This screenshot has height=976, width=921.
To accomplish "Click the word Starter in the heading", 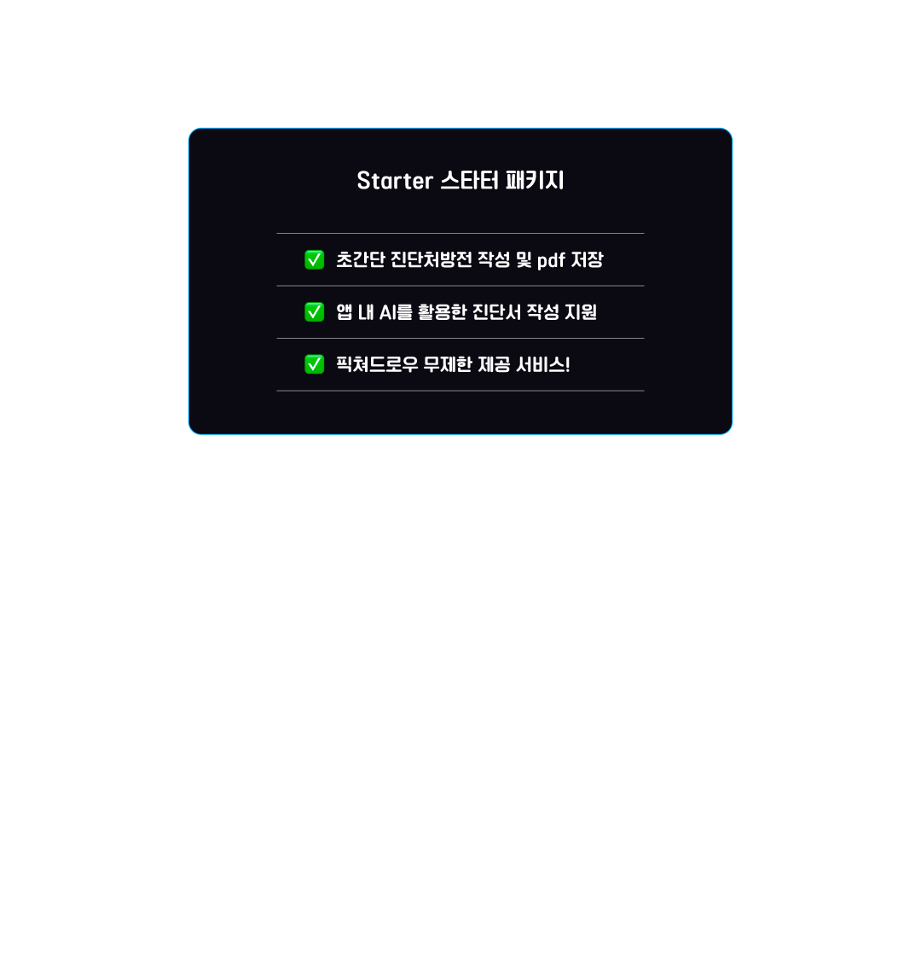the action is pos(395,181).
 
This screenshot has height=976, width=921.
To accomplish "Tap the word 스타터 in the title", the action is pos(470,181).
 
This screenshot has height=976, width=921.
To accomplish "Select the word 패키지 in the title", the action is pos(536,181).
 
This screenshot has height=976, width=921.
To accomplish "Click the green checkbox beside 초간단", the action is pos(315,259).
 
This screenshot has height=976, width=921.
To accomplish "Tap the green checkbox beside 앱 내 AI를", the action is pos(315,312).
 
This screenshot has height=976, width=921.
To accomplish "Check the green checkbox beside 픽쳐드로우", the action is pos(315,364).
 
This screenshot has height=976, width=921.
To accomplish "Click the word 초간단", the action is pos(361,259).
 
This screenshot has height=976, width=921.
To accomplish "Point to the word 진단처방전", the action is pos(432,259).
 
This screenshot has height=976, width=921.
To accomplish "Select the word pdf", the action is pos(552,260).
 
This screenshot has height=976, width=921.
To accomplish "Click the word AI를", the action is pos(396,312).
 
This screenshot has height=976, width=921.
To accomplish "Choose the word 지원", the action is pos(581,312).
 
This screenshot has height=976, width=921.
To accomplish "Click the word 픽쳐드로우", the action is pos(377,364).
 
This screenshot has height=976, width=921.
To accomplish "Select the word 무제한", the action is pos(448,364).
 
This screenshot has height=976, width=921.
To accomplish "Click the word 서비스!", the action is pos(543,364).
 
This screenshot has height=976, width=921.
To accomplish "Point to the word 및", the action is pos(524,259).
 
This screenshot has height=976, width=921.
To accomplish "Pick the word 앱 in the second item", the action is pos(345,312).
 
